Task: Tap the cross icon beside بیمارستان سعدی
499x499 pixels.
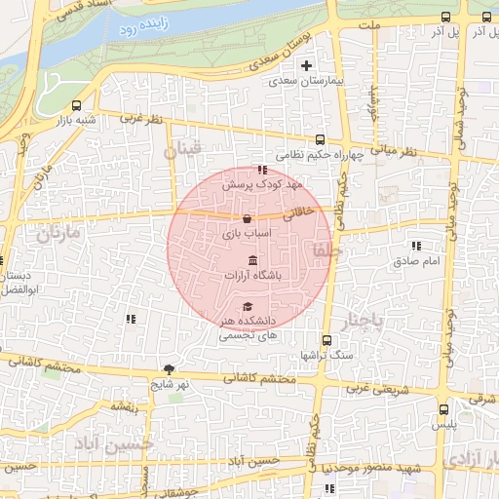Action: coord(307,66)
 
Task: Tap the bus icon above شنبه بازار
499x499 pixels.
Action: coord(77,105)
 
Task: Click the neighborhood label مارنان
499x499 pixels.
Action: coord(56,234)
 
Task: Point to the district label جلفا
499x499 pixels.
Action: coord(323,249)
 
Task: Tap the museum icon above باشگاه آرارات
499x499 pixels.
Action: coord(253,260)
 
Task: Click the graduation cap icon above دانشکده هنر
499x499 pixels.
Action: coord(248,306)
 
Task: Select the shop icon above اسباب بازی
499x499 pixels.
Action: coord(246,218)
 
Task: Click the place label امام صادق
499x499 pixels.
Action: coord(417,261)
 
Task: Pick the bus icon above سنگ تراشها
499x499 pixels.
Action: coord(326,341)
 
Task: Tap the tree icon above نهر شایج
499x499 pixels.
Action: coord(171,368)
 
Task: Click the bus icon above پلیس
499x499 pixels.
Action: coord(444,409)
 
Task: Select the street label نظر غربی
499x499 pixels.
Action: coord(140,118)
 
